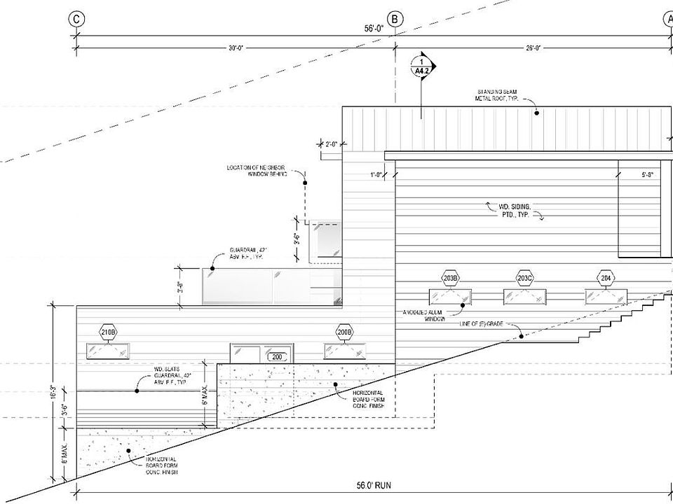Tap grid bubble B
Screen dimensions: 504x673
point(395,20)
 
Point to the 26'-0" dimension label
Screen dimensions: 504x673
point(534,48)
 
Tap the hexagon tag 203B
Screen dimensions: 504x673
point(450,279)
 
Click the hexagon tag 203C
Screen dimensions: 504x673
point(525,279)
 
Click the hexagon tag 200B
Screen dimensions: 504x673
point(344,332)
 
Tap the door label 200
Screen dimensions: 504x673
point(276,357)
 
